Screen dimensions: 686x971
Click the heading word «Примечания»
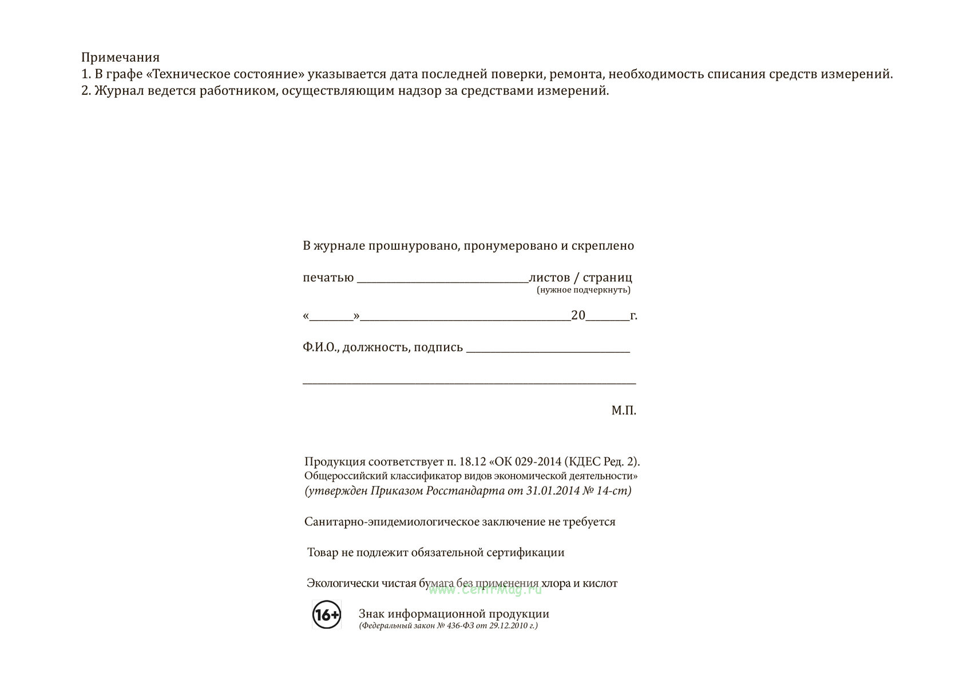(x=120, y=57)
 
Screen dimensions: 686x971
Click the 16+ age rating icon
(x=327, y=615)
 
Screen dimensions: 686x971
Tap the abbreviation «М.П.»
(x=623, y=410)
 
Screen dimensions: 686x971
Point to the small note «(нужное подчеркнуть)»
(x=583, y=290)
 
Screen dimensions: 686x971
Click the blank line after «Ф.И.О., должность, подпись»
(x=548, y=350)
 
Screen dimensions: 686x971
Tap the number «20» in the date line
(x=578, y=315)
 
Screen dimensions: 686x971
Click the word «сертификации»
(x=525, y=552)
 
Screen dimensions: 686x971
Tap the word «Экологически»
(x=343, y=583)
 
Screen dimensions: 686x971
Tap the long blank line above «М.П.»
(x=469, y=382)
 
